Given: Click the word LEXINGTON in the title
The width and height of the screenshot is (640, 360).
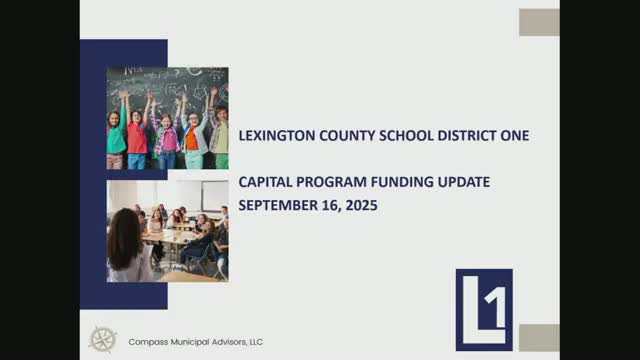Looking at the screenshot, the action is [x=277, y=136].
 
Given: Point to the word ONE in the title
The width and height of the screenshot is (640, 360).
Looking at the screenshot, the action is [x=515, y=136].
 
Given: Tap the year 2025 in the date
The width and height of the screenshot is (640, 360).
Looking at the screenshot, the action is [x=361, y=205].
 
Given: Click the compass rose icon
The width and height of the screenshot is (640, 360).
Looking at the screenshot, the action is [x=102, y=340].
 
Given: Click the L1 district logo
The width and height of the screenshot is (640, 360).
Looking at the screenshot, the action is [x=484, y=310].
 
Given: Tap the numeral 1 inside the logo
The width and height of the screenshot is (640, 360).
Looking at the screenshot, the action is [x=497, y=307].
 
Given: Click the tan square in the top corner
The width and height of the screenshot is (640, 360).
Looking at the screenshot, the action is [x=539, y=22].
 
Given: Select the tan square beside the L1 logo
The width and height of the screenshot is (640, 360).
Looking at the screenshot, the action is [x=539, y=338].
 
